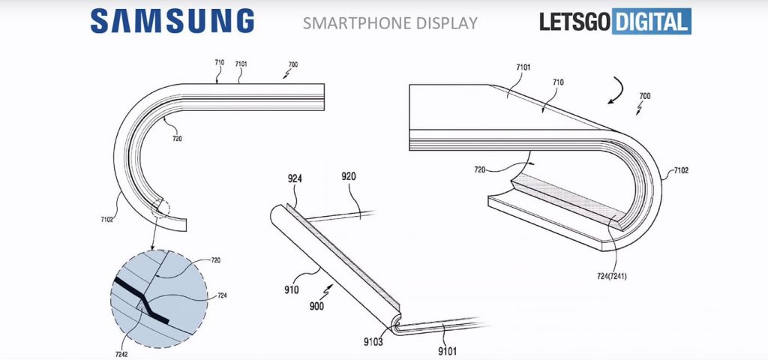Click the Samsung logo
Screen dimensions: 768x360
tap(172, 22)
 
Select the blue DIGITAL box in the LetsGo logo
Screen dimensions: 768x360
tap(652, 22)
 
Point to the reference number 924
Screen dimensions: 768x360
tap(295, 179)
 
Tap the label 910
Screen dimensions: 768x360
tap(292, 290)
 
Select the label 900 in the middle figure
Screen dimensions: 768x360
tap(316, 307)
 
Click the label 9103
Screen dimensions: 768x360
tap(373, 342)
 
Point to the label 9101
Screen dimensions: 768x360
tap(447, 351)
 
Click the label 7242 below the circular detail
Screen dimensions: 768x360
tap(121, 354)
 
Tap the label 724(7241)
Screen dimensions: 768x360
tap(610, 277)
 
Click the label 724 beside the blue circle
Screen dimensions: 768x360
tap(222, 295)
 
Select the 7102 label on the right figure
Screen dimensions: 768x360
tap(681, 170)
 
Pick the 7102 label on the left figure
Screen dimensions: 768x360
tap(106, 220)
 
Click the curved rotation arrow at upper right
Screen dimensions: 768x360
tap(616, 91)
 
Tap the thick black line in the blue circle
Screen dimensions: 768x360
tap(142, 301)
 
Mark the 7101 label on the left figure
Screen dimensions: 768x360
tap(241, 64)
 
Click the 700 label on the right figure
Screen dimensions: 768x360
tap(645, 96)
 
